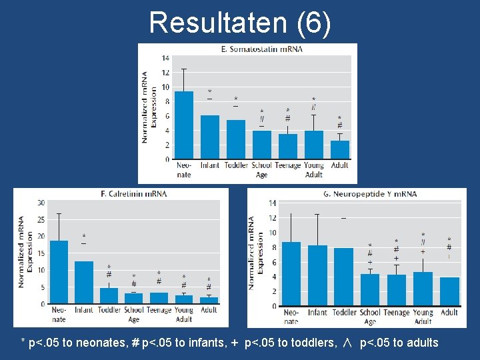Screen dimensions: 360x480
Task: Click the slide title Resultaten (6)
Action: click(x=239, y=22)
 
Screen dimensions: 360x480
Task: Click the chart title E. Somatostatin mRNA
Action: click(x=261, y=49)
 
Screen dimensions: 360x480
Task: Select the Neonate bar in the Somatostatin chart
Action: click(x=184, y=127)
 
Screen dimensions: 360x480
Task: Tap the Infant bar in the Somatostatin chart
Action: click(x=210, y=138)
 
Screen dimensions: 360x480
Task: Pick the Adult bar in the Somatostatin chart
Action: click(x=339, y=151)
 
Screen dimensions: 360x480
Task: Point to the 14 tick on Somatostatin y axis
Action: click(x=165, y=57)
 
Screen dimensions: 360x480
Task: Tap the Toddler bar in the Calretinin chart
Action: click(x=108, y=296)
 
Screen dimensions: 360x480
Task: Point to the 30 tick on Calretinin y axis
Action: click(x=41, y=203)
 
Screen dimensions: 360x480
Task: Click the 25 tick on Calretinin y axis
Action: click(x=41, y=219)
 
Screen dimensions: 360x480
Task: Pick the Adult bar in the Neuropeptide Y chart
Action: click(x=449, y=291)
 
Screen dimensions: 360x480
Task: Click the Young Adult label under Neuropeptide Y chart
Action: click(x=423, y=317)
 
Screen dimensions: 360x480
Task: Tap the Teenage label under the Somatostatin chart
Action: click(x=288, y=165)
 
